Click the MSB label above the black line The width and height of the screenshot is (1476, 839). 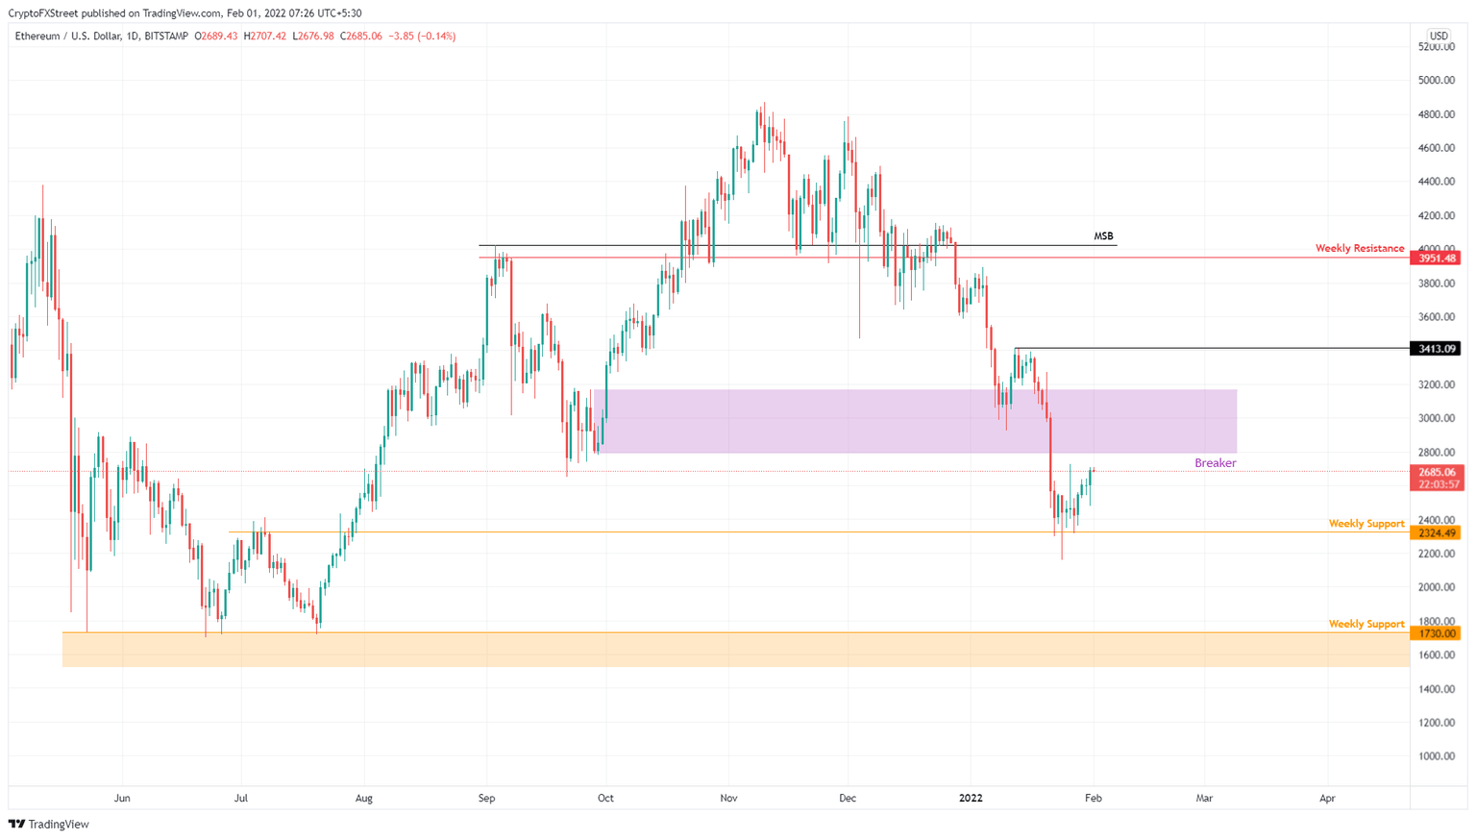1103,235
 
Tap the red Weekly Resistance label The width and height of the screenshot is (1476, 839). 1359,248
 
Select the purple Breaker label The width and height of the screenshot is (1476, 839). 1215,463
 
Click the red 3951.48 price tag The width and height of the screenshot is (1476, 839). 1436,259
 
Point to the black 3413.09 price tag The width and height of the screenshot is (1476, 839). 1436,349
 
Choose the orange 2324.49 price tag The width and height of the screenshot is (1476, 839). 1436,533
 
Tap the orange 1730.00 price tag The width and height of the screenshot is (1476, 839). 1436,633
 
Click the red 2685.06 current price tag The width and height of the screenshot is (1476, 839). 1436,473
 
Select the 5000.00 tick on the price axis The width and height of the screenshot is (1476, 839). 1436,81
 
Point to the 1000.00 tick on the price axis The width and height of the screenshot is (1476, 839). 1436,756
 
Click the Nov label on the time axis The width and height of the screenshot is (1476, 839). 728,798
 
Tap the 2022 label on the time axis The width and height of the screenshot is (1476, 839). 971,798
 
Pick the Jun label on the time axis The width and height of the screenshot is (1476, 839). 122,798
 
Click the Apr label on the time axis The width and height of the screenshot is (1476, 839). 1327,798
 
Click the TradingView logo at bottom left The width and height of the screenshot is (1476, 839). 49,824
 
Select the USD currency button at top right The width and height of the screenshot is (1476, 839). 1439,37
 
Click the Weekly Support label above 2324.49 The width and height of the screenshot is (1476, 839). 1365,524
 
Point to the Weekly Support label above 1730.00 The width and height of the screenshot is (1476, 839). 1365,624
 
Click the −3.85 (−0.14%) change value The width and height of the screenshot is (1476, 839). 422,37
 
